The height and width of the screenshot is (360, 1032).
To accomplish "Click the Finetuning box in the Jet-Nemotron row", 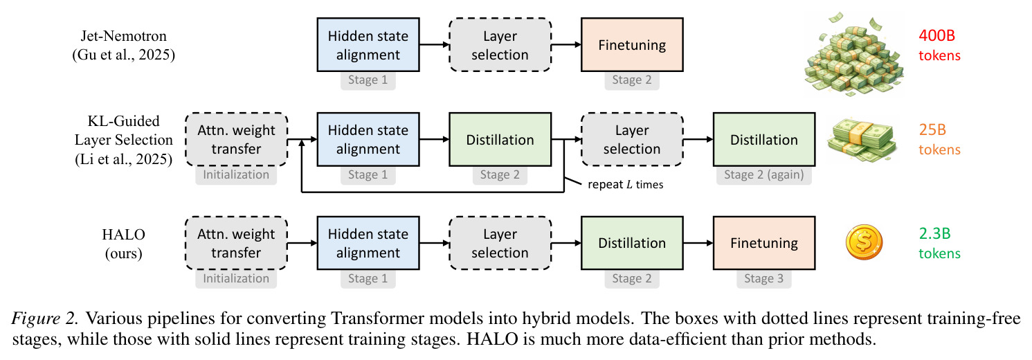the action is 632,45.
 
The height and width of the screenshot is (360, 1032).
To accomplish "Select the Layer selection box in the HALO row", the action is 500,243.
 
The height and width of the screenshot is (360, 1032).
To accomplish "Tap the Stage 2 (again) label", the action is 764,174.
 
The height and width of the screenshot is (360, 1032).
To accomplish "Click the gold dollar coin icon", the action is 864,242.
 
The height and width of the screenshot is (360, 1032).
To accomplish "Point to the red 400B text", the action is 936,35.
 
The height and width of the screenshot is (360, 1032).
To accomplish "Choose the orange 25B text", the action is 932,129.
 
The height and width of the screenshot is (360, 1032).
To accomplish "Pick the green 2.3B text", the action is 935,233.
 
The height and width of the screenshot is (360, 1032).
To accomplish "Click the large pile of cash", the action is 853,55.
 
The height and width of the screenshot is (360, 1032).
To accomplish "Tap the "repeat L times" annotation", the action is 625,184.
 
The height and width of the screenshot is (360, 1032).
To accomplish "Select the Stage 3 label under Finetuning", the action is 764,278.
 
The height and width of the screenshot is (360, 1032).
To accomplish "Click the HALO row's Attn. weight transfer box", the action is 236,243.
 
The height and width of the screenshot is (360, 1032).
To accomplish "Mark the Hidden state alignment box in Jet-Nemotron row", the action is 368,45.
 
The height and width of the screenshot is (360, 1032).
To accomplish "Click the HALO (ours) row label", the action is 123,244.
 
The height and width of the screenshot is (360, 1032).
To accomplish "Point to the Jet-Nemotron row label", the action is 123,45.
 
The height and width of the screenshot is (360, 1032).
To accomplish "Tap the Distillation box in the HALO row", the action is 632,243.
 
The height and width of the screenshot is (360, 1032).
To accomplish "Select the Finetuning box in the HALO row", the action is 764,243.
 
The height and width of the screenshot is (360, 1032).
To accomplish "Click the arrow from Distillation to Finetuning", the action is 698,243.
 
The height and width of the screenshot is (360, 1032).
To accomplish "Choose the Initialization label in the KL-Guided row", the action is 236,174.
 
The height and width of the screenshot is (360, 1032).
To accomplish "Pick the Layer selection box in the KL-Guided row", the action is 632,139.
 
